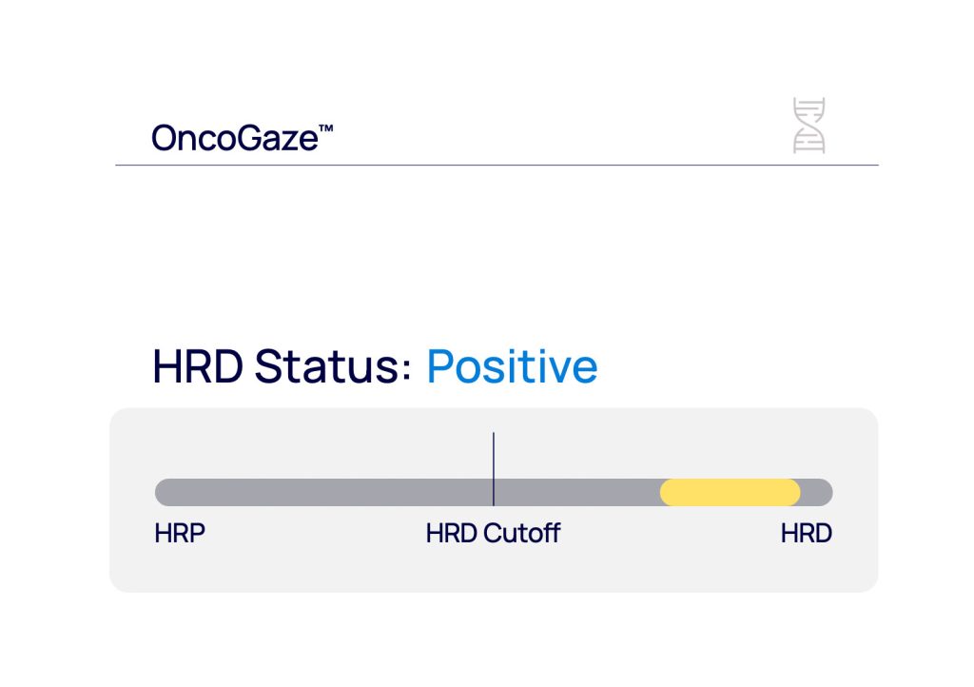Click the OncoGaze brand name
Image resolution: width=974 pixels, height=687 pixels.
tap(235, 138)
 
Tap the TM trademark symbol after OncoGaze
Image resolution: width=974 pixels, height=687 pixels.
tap(326, 128)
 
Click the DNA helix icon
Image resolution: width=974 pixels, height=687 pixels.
tap(808, 125)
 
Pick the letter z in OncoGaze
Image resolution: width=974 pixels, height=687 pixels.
tap(292, 141)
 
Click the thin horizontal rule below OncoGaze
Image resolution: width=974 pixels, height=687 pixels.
tap(497, 166)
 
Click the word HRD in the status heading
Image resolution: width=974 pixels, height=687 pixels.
tap(198, 366)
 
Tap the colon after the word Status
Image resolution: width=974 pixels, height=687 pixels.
tap(406, 371)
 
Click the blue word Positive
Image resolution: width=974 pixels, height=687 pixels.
tap(513, 366)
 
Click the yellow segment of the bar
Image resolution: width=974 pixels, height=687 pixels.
tap(730, 493)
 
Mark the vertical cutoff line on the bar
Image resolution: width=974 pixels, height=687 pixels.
tap(494, 469)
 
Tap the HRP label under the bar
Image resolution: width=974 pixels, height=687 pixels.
tap(180, 534)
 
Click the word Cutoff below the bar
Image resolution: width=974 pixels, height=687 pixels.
tap(522, 534)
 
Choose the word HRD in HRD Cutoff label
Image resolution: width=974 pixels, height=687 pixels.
tap(452, 534)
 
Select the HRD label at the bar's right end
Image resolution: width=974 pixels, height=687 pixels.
tap(807, 534)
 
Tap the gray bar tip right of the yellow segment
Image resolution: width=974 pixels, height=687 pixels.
tap(819, 493)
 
